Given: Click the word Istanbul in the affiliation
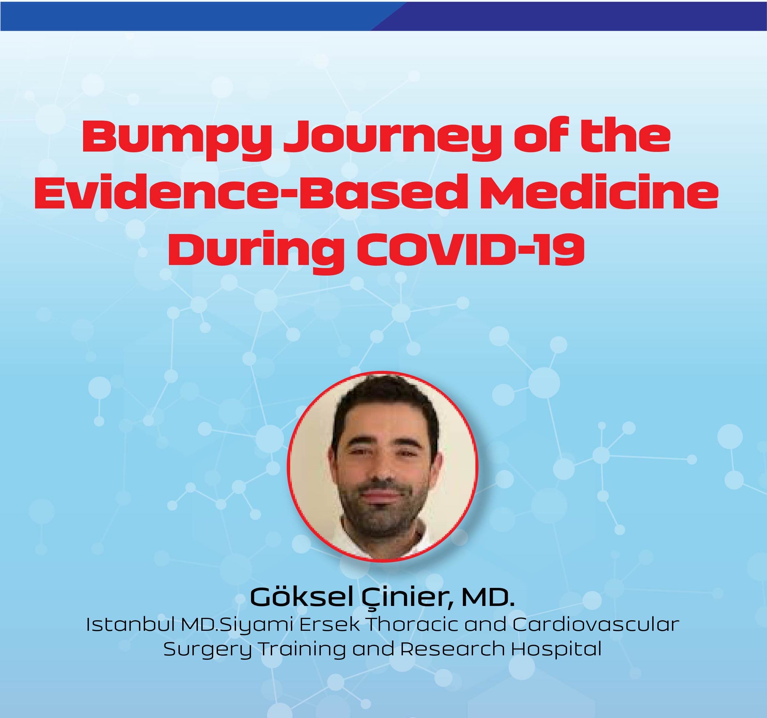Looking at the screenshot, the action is coord(131,625).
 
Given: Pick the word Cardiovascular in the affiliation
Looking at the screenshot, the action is coord(596,625).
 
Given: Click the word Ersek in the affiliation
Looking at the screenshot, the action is coord(329,625).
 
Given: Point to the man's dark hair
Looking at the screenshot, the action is coord(384,407).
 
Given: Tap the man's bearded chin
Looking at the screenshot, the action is coord(380,521).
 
